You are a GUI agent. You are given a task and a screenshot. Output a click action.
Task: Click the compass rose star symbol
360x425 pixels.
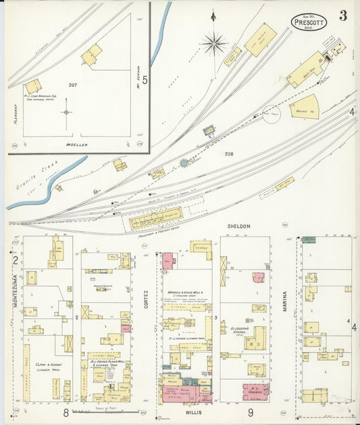[x=214, y=45]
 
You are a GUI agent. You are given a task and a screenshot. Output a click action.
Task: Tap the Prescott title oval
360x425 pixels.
[x=309, y=22]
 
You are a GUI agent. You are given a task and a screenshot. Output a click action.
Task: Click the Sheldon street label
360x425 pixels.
[x=239, y=226]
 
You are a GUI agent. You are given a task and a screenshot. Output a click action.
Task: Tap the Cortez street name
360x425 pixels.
[x=145, y=301]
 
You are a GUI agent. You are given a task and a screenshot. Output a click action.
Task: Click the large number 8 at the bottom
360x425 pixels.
[x=66, y=412]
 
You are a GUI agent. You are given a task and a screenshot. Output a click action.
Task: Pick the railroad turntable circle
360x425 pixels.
[x=274, y=114]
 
